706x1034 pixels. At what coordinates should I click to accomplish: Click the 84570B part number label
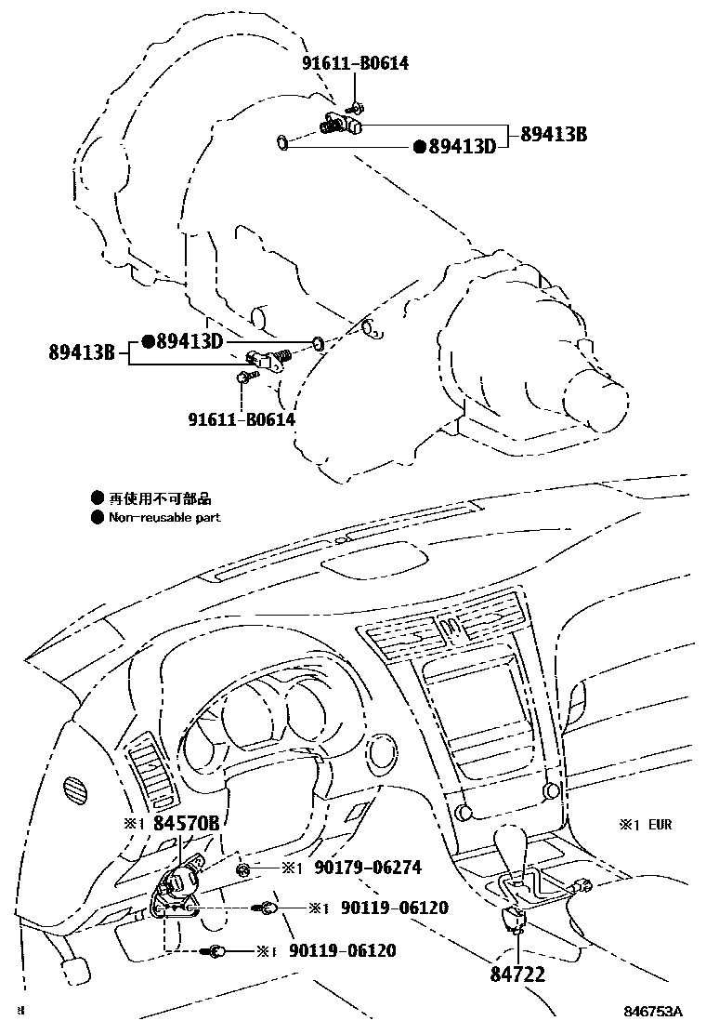(x=186, y=823)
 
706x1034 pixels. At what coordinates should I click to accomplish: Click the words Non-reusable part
(x=164, y=517)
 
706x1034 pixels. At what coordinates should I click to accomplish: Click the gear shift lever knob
(x=512, y=842)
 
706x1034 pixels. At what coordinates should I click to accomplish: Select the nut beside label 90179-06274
(x=243, y=868)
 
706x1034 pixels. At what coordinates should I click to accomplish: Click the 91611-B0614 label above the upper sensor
(x=355, y=63)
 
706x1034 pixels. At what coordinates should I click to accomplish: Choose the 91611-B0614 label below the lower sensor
(x=241, y=419)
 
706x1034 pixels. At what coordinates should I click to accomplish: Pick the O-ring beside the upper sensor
(x=281, y=142)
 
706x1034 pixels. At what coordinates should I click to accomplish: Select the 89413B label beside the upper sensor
(x=554, y=134)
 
